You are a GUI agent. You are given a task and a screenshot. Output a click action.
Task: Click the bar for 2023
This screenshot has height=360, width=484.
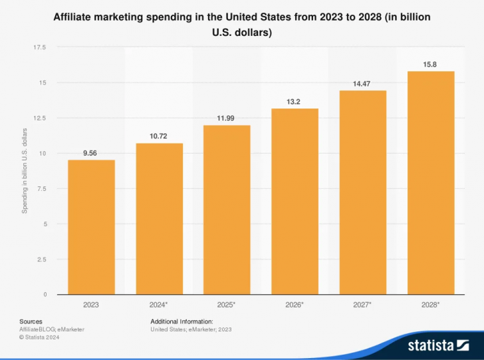pyautogui.click(x=91, y=227)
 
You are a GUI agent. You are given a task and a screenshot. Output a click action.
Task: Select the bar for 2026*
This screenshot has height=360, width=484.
pyautogui.click(x=295, y=201)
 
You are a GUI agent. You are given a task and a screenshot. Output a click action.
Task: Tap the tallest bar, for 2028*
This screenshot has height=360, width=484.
pyautogui.click(x=430, y=182)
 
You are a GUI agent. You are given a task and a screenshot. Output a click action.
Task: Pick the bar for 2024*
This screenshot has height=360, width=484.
pyautogui.click(x=159, y=218)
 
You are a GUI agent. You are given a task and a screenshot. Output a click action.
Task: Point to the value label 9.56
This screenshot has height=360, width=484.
pyautogui.click(x=91, y=153)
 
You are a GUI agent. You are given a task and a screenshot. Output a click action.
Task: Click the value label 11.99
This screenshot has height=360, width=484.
pyautogui.click(x=227, y=118)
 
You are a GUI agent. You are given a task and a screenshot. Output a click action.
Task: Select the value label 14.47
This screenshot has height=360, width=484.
pyautogui.click(x=362, y=84)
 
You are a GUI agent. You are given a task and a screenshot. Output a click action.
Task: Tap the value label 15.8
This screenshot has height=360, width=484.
pyautogui.click(x=430, y=65)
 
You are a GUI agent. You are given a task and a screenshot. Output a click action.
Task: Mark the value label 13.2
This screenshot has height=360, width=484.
pyautogui.click(x=295, y=102)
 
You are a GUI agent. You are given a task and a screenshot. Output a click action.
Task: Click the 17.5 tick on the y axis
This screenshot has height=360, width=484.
pyautogui.click(x=39, y=47)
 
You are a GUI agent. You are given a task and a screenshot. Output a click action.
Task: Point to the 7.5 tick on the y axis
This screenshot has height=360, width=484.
pyautogui.click(x=41, y=189)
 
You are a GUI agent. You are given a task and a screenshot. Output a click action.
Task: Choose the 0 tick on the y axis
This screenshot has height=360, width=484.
pyautogui.click(x=45, y=294)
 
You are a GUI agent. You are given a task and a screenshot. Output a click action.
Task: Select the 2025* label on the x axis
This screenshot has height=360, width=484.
pyautogui.click(x=227, y=305)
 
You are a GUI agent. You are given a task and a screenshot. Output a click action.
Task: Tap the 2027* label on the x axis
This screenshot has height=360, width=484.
pyautogui.click(x=362, y=305)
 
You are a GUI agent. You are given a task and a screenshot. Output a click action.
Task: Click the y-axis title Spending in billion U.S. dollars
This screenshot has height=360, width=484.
pyautogui.click(x=25, y=170)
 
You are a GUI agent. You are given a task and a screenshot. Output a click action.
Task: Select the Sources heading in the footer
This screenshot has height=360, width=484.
pyautogui.click(x=31, y=321)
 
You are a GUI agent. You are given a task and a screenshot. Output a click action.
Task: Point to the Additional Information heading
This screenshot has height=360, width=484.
pyautogui.click(x=181, y=321)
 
